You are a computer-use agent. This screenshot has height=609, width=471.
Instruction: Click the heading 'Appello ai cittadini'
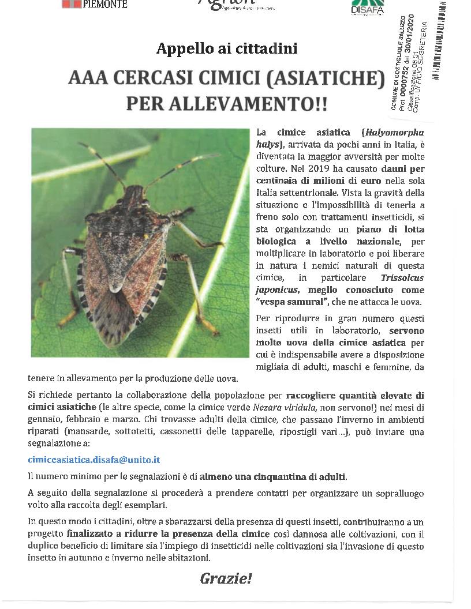click(227, 48)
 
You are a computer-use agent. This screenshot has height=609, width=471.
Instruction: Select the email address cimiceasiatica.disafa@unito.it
click(94, 460)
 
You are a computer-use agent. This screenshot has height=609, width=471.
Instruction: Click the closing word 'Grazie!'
click(226, 578)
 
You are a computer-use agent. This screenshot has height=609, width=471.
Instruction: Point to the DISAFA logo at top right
click(368, 8)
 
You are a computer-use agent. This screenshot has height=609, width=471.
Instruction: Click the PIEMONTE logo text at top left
click(104, 4)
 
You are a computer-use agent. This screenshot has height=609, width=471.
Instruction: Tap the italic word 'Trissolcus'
click(402, 277)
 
